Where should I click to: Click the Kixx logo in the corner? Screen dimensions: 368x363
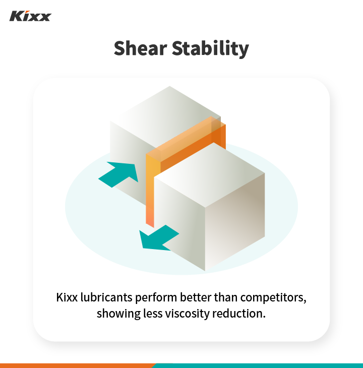coord(30,16)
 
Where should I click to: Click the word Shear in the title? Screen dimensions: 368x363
coord(139,49)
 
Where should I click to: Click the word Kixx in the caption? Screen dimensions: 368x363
coord(67,297)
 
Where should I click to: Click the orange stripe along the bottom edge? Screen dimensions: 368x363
coord(76,365)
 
